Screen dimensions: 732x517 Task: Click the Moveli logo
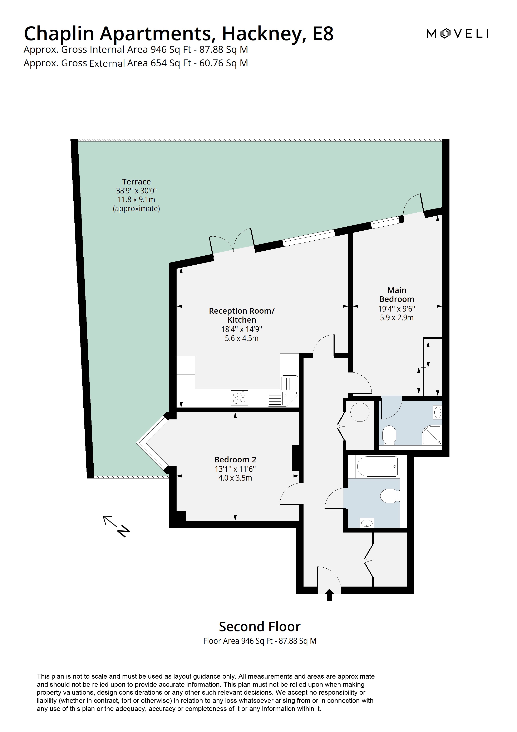point(457,33)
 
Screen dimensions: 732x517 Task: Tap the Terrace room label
point(136,182)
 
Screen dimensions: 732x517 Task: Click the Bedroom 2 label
point(235,459)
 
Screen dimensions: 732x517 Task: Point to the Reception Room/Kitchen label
point(241,315)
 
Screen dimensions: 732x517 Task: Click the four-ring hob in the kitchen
point(239,398)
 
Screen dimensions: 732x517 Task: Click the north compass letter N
point(124,531)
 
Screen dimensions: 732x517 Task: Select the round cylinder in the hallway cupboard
point(360,413)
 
